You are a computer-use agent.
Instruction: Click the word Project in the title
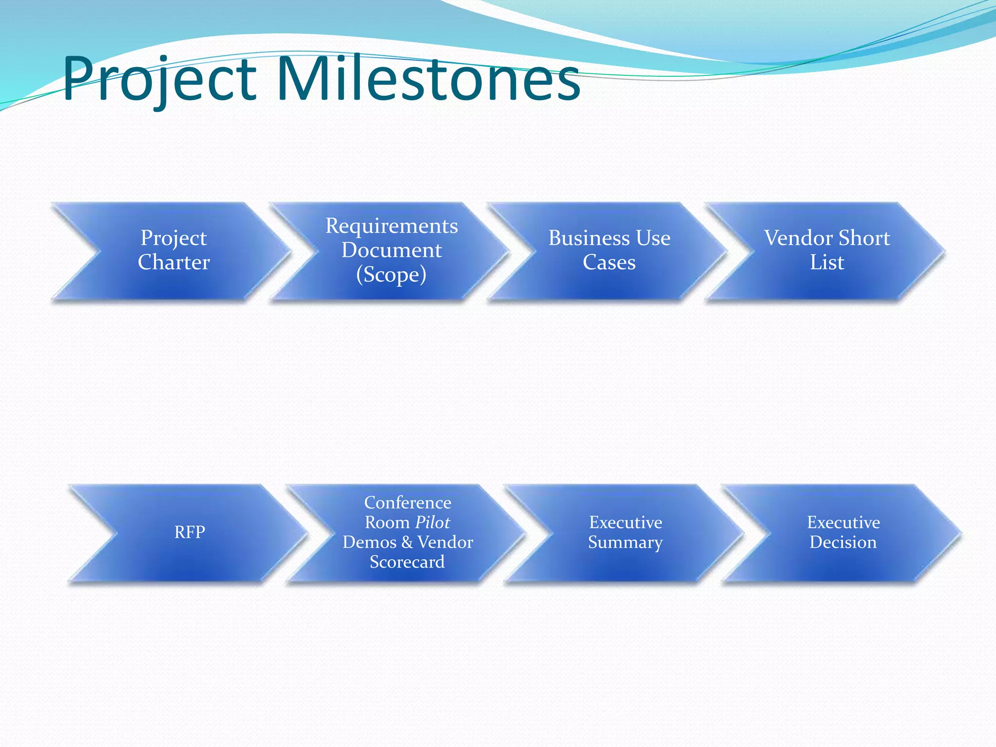click(x=160, y=79)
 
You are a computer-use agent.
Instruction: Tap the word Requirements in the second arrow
click(x=391, y=226)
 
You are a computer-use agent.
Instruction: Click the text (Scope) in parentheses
click(x=391, y=275)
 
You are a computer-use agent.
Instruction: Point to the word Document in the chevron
click(x=391, y=250)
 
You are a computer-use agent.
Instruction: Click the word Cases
click(x=609, y=263)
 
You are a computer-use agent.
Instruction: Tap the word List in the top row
click(x=827, y=263)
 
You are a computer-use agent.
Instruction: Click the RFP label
click(x=190, y=532)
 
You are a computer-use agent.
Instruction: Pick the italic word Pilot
click(x=432, y=522)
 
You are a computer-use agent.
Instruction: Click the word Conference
click(x=408, y=502)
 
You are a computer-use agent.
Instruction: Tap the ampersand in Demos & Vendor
click(x=407, y=542)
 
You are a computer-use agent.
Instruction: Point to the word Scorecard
click(x=407, y=562)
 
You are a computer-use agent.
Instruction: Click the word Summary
click(x=625, y=542)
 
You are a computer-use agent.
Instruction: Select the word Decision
click(x=843, y=542)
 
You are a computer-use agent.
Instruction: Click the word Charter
click(x=174, y=263)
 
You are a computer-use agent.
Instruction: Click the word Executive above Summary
click(x=625, y=522)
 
